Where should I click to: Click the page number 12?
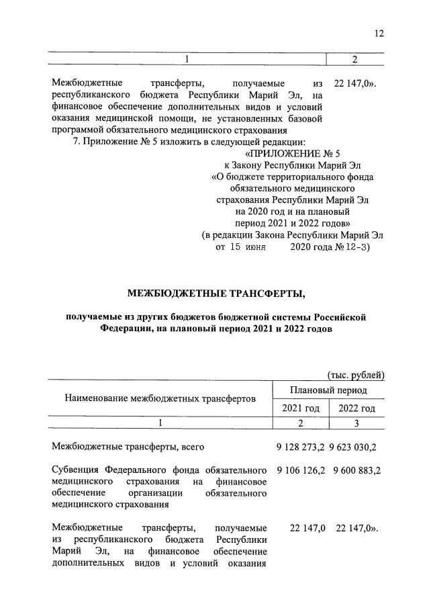tap(379, 34)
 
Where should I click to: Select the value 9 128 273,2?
tap(300, 446)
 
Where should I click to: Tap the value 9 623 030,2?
tap(357, 446)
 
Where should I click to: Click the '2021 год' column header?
tap(300, 408)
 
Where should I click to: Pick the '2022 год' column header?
tap(357, 408)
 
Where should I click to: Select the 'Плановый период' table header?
tap(328, 390)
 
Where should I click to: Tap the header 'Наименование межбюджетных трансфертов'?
tap(160, 399)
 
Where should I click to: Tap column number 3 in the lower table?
tap(357, 423)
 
